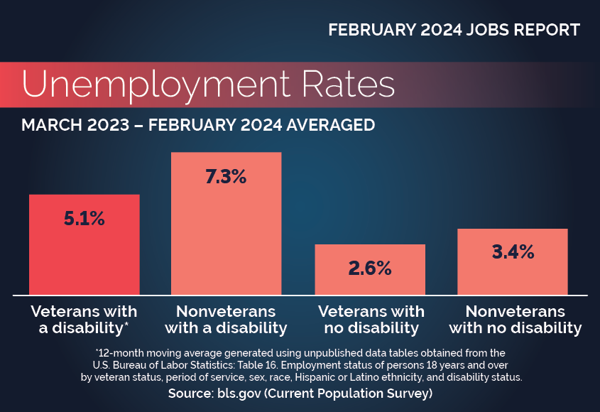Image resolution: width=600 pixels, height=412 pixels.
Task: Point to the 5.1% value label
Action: (84, 219)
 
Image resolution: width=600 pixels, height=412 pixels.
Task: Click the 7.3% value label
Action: (227, 178)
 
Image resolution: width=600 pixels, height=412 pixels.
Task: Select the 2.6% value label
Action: (370, 268)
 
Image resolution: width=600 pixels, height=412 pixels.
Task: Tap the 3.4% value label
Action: (513, 251)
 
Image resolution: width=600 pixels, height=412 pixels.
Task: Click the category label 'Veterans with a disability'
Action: (84, 320)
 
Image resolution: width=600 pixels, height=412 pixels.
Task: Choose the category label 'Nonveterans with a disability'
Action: (227, 320)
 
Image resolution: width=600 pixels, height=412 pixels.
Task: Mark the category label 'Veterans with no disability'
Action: (371, 320)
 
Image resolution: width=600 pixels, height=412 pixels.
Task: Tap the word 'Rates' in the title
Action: (348, 85)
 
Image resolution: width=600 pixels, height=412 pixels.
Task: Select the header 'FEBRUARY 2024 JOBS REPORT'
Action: (454, 31)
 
